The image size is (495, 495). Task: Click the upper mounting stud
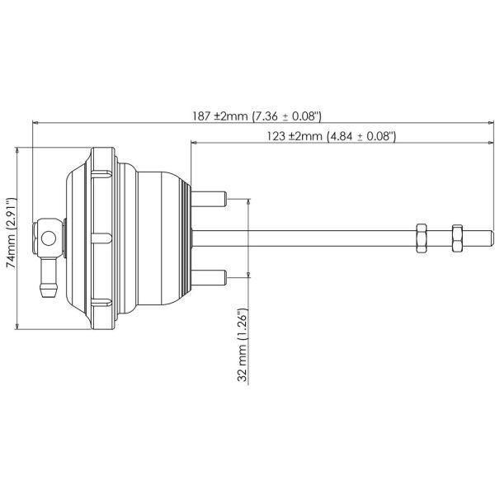click(211, 199)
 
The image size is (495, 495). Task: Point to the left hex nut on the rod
click(420, 238)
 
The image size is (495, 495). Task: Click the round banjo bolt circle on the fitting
click(49, 238)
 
